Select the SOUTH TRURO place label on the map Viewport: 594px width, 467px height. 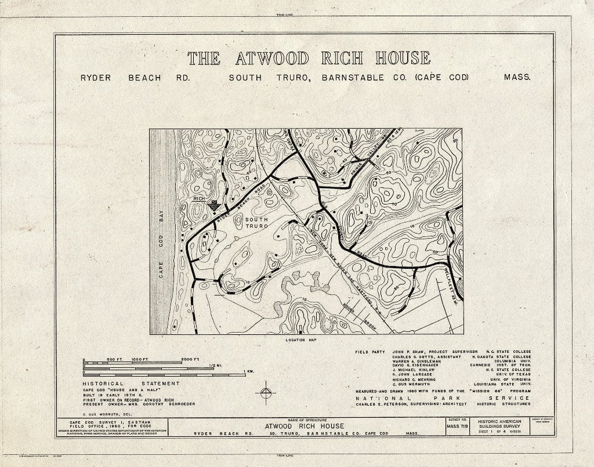coord(256,222)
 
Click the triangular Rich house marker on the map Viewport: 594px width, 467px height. coord(213,205)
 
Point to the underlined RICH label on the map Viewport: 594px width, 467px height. coord(200,199)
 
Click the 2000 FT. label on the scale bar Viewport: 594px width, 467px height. coord(190,359)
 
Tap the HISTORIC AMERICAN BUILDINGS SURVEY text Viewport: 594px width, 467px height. coord(501,424)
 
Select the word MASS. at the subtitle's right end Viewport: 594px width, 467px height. coord(517,77)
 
